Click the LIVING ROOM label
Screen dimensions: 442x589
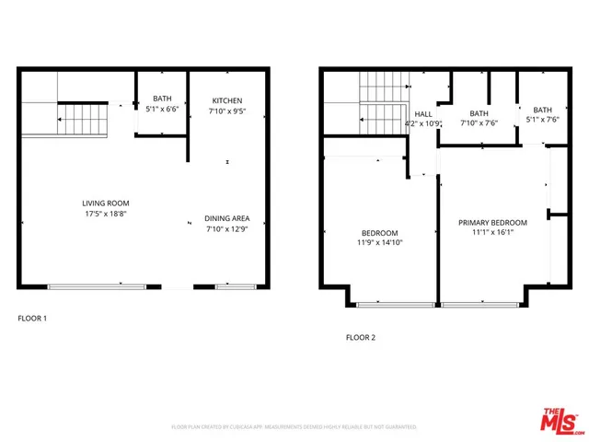105,203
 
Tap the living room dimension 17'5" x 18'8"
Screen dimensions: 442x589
105,213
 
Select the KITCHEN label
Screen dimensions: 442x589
227,100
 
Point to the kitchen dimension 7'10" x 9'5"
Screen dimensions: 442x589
227,111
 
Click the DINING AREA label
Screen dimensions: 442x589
227,218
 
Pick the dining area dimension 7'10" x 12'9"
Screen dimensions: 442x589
227,229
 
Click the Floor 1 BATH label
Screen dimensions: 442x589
162,98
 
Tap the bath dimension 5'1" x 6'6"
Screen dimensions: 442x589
162,108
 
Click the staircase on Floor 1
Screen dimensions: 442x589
83,118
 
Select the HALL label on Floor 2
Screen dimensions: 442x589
423,114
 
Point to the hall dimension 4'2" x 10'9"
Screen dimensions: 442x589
424,123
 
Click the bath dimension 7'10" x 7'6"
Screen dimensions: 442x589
479,122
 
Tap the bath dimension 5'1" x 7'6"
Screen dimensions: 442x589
542,118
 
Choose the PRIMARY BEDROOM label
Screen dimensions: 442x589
493,223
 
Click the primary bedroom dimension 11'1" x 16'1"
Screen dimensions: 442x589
493,233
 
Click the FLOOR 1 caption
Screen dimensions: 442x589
32,319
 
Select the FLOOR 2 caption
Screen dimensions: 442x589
361,337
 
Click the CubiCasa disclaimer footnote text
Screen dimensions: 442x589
294,427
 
